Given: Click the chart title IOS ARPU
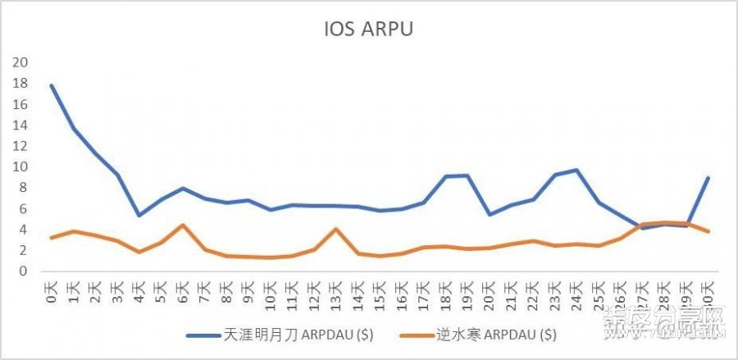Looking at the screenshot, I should pyautogui.click(x=368, y=30).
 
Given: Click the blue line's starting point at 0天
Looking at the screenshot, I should pyautogui.click(x=52, y=85).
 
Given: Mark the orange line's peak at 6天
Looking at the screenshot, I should pyautogui.click(x=183, y=225).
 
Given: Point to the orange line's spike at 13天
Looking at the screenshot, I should pyautogui.click(x=336, y=229).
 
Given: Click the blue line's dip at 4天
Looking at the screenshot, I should pyautogui.click(x=139, y=216).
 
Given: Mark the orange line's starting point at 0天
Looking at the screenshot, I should pyautogui.click(x=52, y=238).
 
